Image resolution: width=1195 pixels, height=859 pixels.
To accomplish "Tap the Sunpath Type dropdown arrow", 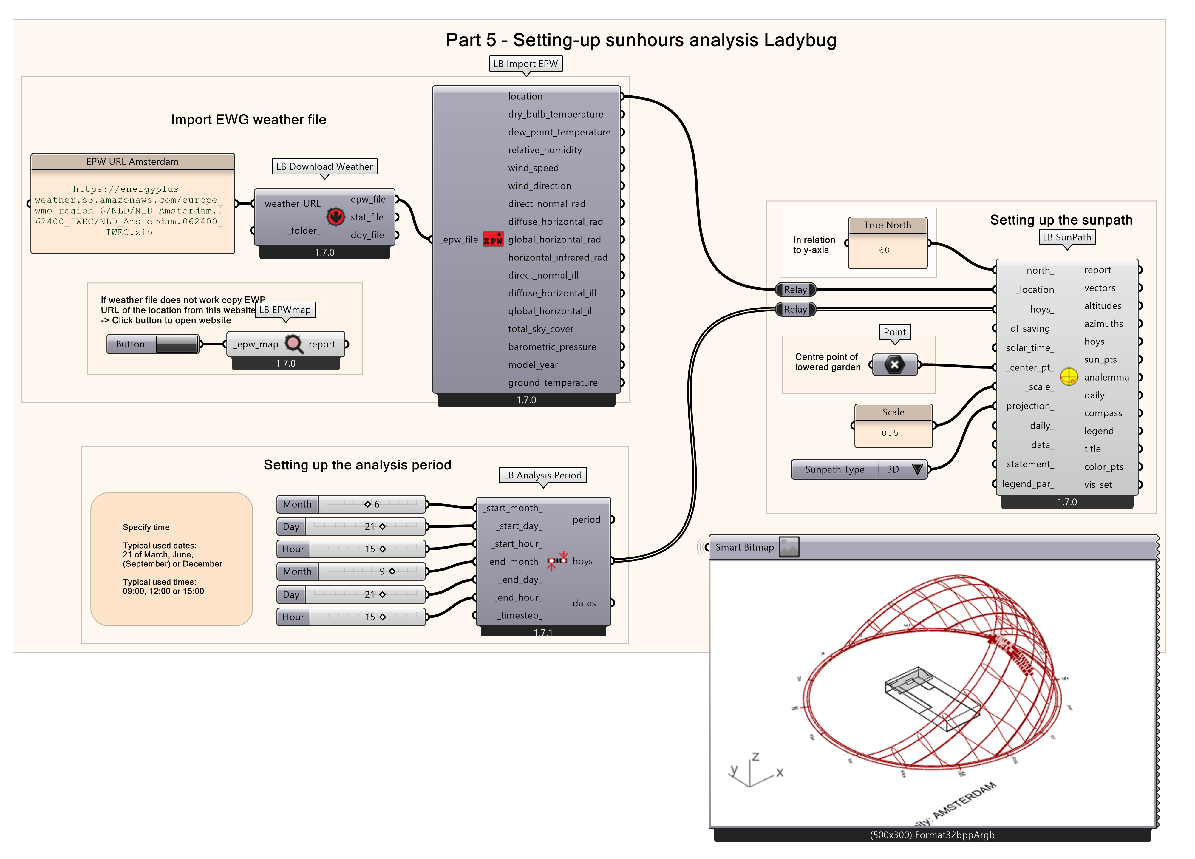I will [x=917, y=469].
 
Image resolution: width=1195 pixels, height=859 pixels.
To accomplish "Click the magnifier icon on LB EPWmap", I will [x=293, y=344].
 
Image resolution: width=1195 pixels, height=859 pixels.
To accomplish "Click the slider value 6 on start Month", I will [x=377, y=504].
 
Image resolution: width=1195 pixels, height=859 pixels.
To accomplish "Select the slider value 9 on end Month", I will [x=382, y=571].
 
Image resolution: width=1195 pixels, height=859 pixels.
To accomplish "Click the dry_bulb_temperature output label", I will [x=555, y=114].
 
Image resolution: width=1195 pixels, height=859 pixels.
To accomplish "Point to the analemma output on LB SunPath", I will [x=1106, y=377].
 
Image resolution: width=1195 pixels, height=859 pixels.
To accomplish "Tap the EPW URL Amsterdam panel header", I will [x=132, y=162].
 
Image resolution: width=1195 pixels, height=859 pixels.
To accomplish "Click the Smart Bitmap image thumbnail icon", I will [x=789, y=547].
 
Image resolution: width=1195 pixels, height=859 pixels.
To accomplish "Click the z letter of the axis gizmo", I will [x=756, y=757].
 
